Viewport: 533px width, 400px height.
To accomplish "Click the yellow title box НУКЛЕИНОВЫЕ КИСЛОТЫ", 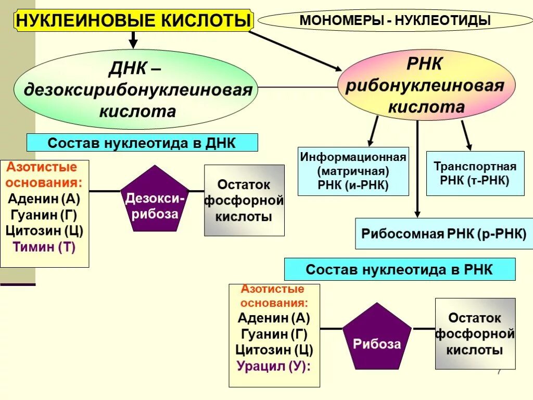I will tap(134, 20).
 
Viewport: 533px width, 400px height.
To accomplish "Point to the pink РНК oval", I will tap(426, 85).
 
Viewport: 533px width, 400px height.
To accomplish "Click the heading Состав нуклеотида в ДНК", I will tap(142, 143).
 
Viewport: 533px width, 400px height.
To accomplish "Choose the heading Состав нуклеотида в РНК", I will tap(399, 270).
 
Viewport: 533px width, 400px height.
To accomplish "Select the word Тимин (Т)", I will tap(44, 247).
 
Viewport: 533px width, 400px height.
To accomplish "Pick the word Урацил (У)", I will tap(274, 366).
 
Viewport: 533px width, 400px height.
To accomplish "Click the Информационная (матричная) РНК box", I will tap(353, 171).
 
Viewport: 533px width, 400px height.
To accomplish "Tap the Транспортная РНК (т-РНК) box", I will tap(475, 173).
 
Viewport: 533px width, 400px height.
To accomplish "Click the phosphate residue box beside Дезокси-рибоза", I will tap(244, 201).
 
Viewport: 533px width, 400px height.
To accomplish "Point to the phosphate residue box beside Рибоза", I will tap(475, 334).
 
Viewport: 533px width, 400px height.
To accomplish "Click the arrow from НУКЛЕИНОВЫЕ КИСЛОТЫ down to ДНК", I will tap(133, 39).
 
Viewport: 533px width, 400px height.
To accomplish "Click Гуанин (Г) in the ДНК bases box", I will tap(44, 215).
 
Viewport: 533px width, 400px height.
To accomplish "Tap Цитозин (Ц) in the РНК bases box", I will tap(274, 350).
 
